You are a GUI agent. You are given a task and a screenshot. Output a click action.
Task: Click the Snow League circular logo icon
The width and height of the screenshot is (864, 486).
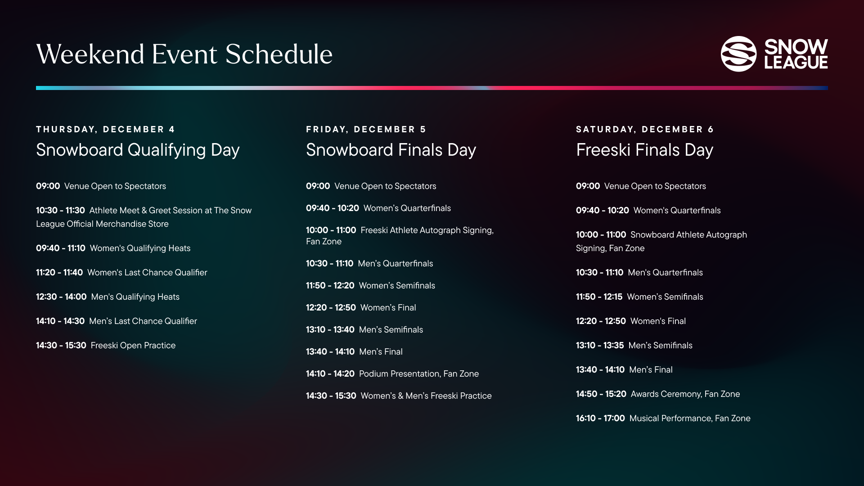pos(738,54)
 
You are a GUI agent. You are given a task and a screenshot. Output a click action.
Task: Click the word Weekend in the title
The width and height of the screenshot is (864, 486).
pos(90,54)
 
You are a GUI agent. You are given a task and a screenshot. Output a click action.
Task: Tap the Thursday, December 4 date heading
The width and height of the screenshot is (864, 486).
pos(105,130)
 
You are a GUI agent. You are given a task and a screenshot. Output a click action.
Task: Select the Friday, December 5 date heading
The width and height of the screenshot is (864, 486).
pos(366,130)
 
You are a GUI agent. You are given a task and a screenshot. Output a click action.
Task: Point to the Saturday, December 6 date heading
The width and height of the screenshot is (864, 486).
pos(645,130)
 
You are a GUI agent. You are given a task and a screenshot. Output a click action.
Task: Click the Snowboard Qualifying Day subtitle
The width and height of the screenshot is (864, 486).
pos(138,150)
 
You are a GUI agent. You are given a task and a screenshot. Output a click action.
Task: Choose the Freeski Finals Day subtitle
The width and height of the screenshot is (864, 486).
pos(644,150)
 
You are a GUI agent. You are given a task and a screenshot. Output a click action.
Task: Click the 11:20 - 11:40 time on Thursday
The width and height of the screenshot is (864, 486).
pos(59,273)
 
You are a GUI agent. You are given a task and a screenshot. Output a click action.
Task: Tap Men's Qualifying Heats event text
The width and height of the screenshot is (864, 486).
pos(135,297)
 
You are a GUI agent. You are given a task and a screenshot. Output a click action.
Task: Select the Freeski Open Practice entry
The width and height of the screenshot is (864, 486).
pos(133,346)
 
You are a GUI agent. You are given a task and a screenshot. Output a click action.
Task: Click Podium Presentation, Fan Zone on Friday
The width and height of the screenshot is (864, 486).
pos(419,374)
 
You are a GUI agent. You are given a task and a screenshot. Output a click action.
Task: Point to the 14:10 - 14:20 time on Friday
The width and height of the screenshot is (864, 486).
pos(330,374)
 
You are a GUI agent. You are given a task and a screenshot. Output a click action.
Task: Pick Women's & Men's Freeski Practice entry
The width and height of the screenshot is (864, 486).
pos(426,396)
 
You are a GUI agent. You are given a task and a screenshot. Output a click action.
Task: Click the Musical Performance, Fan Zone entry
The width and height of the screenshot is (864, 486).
pos(690,418)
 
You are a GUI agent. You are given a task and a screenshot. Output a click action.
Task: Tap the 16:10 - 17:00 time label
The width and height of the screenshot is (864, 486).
pos(600,418)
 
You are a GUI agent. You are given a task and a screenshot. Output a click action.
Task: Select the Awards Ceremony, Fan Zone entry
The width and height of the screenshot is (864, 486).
pos(685,394)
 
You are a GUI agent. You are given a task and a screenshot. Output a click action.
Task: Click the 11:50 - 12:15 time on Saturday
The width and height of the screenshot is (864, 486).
pos(599,297)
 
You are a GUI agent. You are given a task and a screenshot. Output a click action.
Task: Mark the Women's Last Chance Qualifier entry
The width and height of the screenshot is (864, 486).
pos(147,273)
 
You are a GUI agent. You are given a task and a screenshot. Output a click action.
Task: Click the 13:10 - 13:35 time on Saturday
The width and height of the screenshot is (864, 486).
pos(600,346)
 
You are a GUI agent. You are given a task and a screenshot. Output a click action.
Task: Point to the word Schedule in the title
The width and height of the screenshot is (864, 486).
pos(279,54)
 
